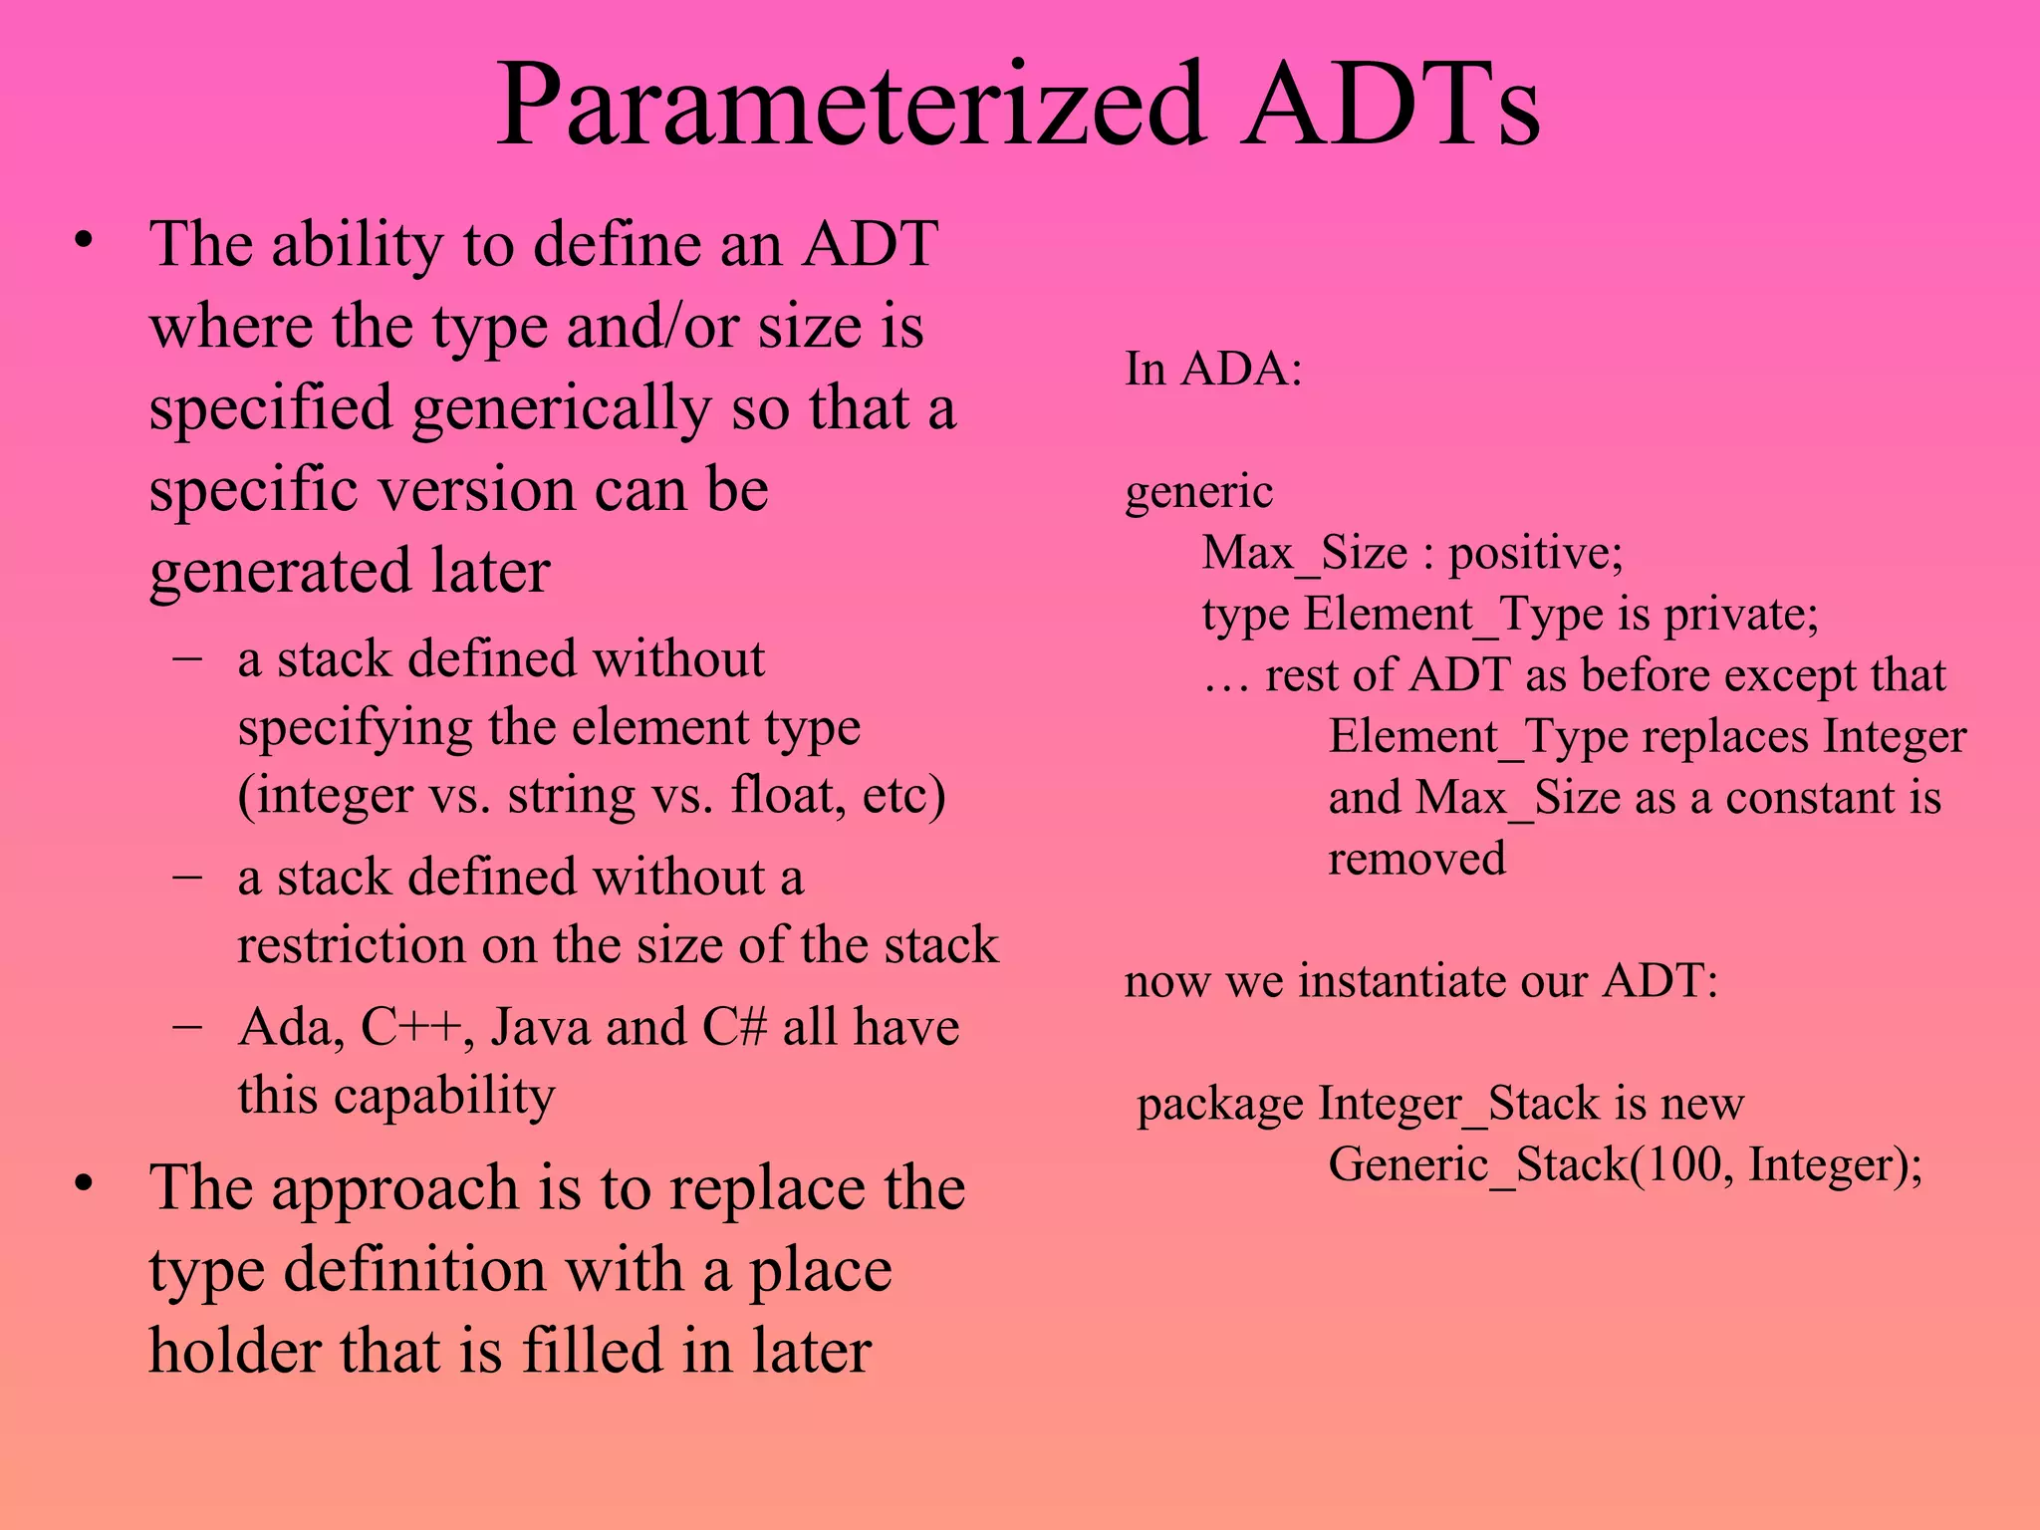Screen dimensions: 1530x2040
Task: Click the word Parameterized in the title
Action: click(x=852, y=105)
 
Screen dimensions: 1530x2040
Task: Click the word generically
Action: click(x=562, y=408)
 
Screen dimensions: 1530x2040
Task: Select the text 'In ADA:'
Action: click(x=1212, y=369)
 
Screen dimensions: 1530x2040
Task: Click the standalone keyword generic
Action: click(x=1198, y=491)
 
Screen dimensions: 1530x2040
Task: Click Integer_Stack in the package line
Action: click(x=1460, y=1103)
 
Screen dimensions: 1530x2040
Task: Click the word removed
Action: click(x=1415, y=859)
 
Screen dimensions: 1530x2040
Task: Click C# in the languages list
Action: click(x=734, y=1027)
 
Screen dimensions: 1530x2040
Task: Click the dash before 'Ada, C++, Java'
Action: click(x=187, y=1025)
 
